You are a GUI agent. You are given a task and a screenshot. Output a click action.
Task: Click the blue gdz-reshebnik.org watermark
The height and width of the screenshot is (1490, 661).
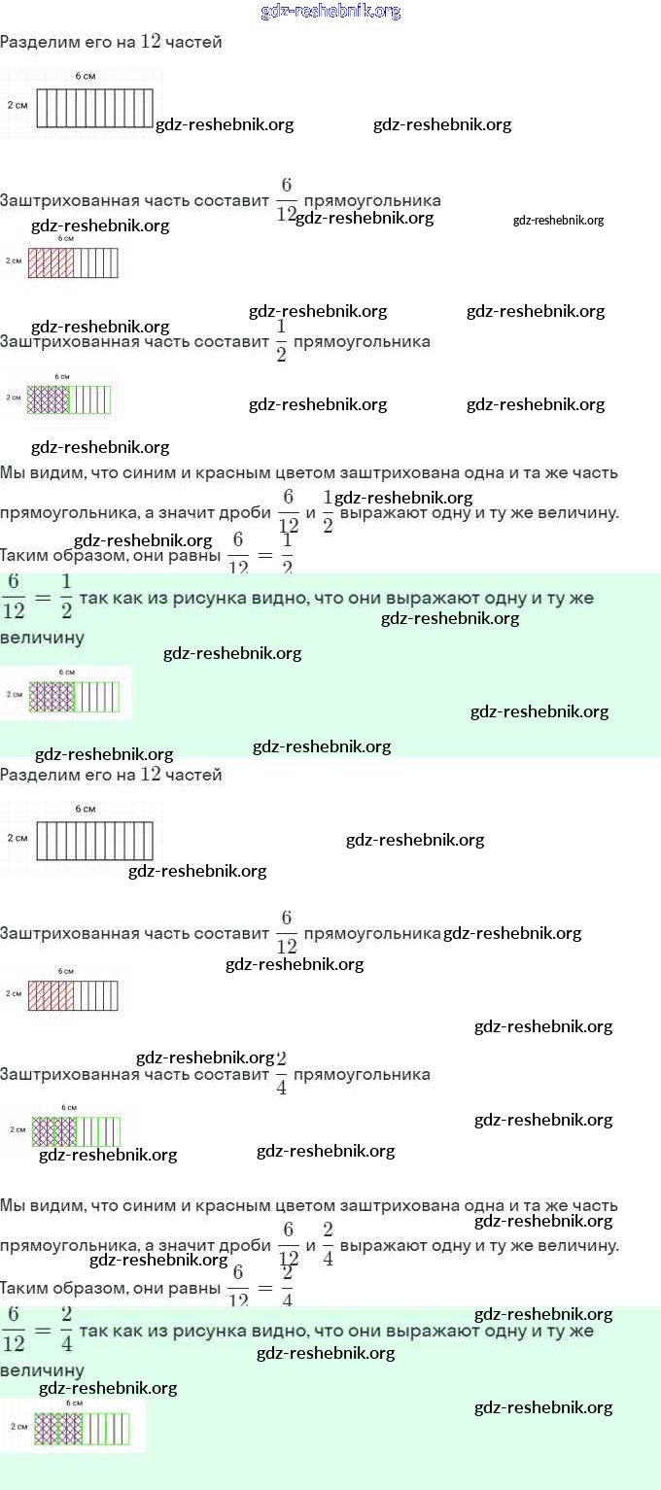tap(330, 12)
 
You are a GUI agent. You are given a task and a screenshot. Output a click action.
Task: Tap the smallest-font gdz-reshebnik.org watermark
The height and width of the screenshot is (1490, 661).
tap(558, 221)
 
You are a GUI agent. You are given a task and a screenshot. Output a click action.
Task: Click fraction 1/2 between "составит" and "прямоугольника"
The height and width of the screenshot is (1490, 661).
tap(282, 341)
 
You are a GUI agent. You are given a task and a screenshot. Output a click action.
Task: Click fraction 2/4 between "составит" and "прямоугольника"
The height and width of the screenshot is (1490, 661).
tap(282, 1074)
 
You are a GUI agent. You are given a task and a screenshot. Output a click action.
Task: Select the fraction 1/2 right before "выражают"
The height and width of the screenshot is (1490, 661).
tap(329, 511)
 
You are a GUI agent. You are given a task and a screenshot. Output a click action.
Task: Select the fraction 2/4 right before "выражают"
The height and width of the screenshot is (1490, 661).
tap(329, 1244)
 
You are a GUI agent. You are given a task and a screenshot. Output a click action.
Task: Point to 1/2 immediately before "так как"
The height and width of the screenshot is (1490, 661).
tap(66, 598)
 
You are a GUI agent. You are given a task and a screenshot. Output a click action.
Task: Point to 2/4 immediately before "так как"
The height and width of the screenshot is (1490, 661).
tap(66, 1331)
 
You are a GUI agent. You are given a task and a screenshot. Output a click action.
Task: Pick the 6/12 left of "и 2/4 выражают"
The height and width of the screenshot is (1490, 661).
tap(289, 1244)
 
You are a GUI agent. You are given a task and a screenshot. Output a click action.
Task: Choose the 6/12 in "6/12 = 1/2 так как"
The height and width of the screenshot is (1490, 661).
tap(14, 598)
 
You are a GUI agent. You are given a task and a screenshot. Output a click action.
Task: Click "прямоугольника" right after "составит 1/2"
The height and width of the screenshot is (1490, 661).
tap(362, 342)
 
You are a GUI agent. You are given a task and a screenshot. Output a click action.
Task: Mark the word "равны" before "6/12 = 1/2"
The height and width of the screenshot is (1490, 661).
tap(198, 556)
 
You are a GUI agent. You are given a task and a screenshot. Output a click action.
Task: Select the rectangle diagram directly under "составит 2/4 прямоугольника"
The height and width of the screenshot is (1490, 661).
tap(76, 1131)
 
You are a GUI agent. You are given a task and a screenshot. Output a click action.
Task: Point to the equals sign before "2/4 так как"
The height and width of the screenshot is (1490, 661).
tap(40, 1331)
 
